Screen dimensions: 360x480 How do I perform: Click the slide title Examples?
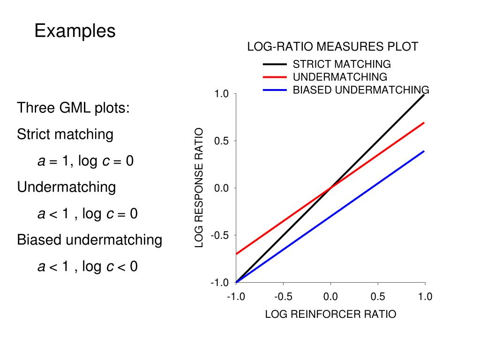[75, 31]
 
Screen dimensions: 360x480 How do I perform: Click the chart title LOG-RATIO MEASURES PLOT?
[332, 47]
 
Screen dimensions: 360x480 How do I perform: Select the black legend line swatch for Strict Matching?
[275, 64]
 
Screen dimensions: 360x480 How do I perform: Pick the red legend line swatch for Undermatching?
[275, 77]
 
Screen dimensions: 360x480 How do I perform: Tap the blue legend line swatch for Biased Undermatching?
[275, 90]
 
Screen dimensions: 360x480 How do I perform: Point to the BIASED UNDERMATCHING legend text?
[360, 90]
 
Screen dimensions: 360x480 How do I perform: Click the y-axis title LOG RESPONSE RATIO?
[199, 187]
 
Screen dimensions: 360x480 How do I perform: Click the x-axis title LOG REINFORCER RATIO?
[330, 314]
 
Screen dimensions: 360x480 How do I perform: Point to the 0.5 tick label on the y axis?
[221, 141]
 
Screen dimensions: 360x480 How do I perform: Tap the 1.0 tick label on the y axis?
[221, 94]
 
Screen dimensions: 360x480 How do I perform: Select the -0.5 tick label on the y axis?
[219, 235]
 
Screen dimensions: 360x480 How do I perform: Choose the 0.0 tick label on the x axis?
[330, 297]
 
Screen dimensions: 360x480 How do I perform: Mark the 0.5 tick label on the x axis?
[377, 297]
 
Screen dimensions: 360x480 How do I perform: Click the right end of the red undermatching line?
[424, 123]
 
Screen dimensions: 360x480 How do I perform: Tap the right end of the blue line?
[424, 151]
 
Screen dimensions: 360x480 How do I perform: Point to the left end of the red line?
[237, 254]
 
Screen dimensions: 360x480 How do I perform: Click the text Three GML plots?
[74, 108]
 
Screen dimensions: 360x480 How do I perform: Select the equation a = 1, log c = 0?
[86, 161]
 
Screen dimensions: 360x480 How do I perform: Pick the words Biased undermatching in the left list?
[90, 240]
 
